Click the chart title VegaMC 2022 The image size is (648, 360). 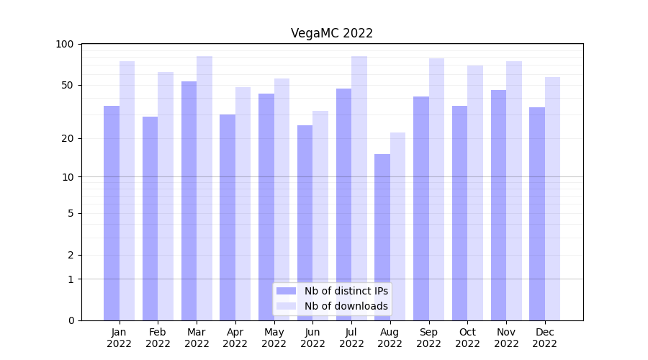(332, 33)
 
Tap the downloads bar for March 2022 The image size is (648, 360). (204, 188)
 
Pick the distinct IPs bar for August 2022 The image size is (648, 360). (382, 237)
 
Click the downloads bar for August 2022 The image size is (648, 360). (397, 226)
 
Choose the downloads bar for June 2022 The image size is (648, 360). (320, 215)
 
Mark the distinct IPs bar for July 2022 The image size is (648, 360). (343, 204)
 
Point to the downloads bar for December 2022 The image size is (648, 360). (552, 199)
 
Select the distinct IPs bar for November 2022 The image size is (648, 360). (498, 205)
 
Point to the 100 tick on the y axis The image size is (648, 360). (65, 44)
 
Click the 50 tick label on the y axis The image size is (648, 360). (68, 85)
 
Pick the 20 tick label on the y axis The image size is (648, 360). (68, 138)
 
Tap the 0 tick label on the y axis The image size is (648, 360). (71, 320)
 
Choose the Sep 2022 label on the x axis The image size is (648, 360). (428, 338)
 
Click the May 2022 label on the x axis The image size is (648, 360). (274, 338)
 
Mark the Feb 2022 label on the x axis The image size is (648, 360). (158, 338)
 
